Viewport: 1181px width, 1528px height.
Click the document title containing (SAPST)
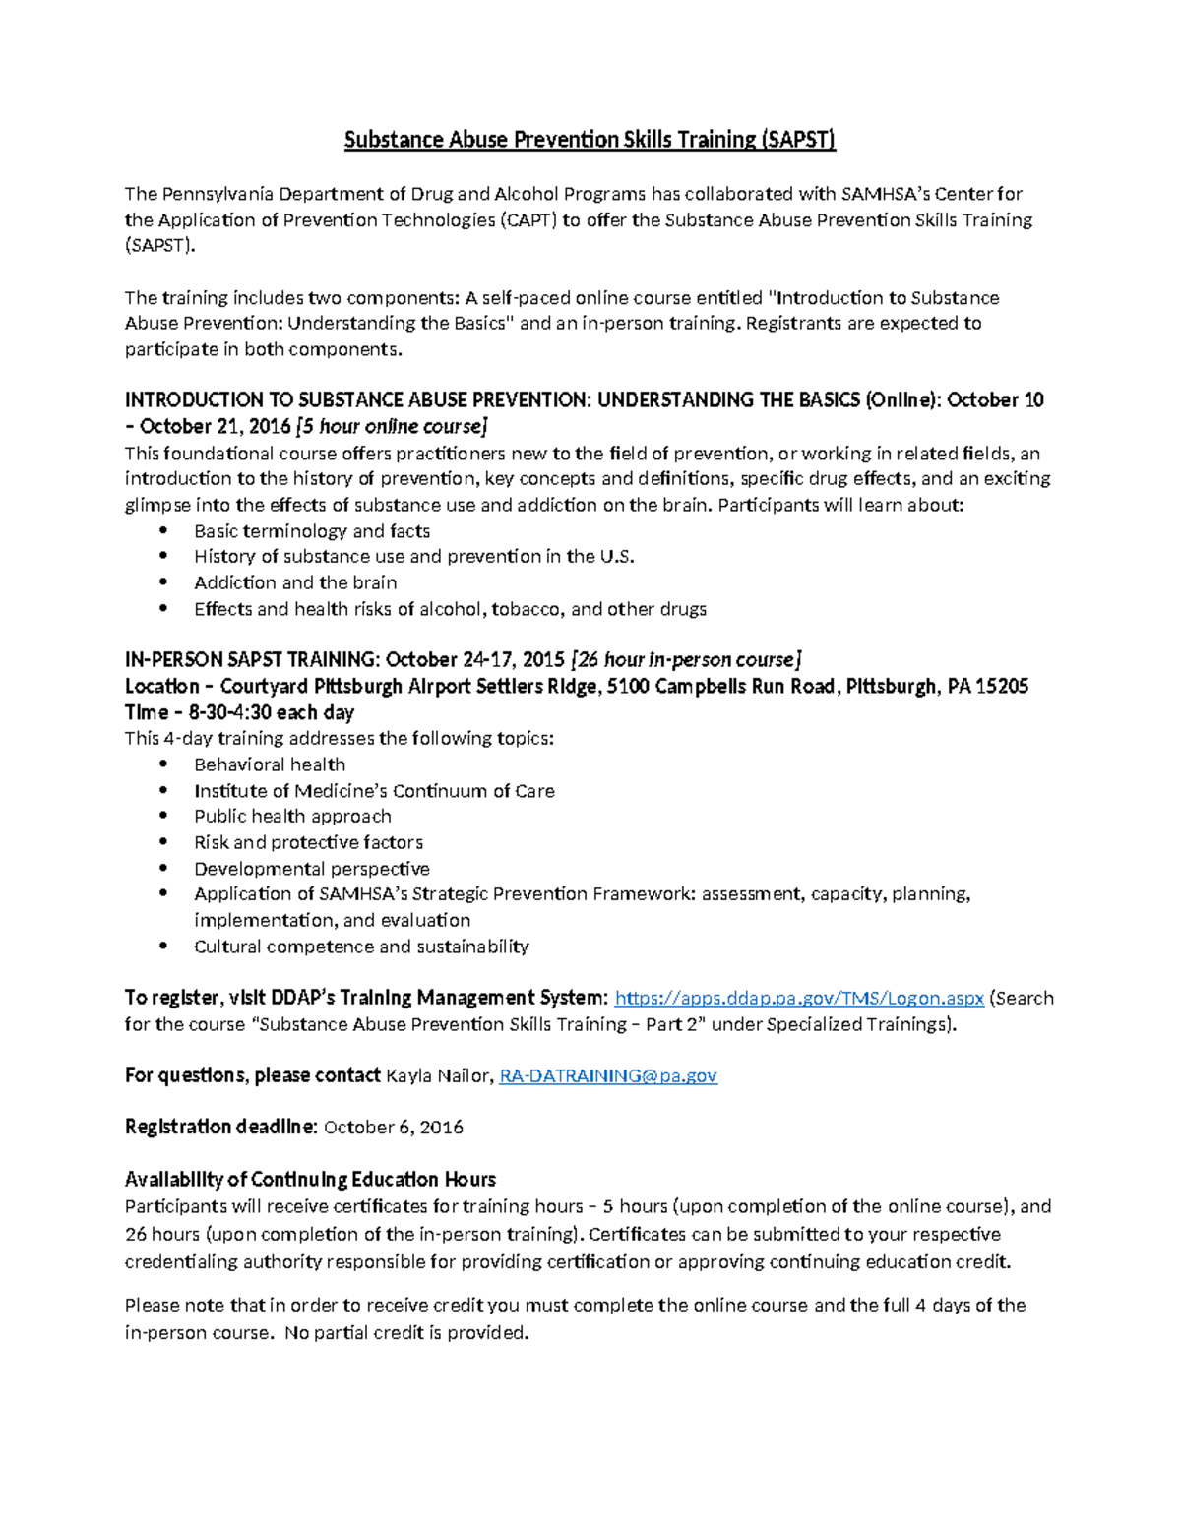(590, 140)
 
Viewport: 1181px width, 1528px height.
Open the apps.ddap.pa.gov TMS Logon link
(799, 998)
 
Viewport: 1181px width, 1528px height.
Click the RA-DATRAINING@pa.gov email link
(608, 1075)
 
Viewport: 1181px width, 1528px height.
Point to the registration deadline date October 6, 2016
(393, 1127)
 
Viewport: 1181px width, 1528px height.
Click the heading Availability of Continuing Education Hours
(310, 1179)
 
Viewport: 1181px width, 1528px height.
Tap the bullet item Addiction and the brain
(295, 582)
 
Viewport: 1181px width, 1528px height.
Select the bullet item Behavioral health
(270, 764)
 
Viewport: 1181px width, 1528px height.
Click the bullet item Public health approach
(292, 816)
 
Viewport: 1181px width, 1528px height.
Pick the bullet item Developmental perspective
(311, 869)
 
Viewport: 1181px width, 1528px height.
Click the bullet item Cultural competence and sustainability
(361, 947)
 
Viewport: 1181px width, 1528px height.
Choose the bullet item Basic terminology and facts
(312, 531)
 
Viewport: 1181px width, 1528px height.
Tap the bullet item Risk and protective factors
(308, 842)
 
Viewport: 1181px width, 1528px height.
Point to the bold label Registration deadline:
(220, 1127)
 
